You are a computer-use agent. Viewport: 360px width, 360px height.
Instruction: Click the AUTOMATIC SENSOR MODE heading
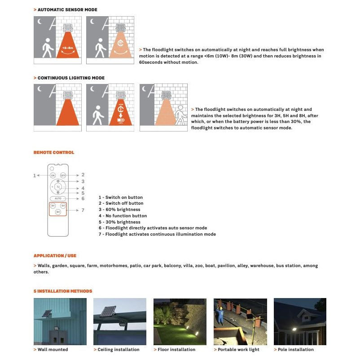pos(67,9)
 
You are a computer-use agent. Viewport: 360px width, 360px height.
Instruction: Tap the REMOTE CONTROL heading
pos(54,153)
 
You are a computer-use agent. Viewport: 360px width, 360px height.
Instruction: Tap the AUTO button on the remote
pos(58,198)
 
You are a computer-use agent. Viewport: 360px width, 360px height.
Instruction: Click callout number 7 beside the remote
pos(83,210)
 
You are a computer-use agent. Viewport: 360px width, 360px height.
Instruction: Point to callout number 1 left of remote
pos(35,176)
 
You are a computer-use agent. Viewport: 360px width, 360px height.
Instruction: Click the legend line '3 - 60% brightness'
pos(119,210)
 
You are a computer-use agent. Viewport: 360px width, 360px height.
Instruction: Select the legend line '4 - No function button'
pos(123,216)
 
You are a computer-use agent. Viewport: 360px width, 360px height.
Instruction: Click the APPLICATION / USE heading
pos(55,256)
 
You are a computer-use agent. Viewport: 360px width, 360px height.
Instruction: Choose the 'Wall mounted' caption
pos(53,350)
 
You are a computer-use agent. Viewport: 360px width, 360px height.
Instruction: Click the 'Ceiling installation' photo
pos(119,321)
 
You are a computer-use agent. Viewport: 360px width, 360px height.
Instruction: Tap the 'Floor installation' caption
pos(176,350)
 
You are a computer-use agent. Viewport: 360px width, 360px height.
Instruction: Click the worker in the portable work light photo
pos(220,316)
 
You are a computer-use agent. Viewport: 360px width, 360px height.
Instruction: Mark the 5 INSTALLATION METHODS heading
pos(63,291)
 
